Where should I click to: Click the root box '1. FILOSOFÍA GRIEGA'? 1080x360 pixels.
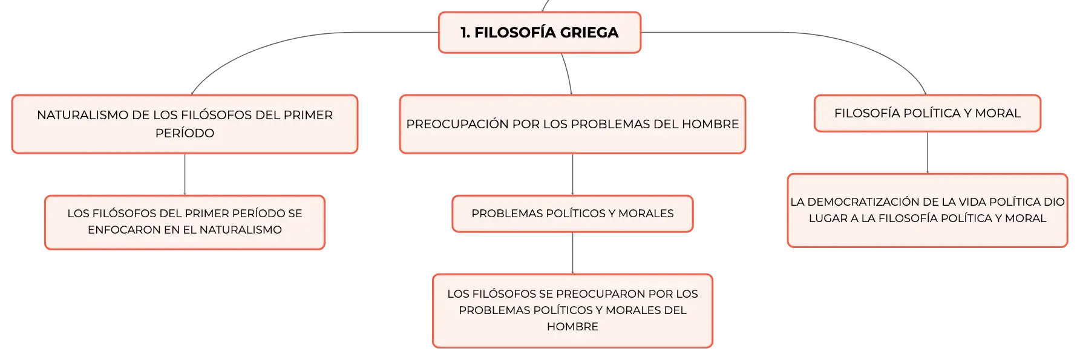(540, 33)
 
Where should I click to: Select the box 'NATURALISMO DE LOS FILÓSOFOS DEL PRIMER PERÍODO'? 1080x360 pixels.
(185, 124)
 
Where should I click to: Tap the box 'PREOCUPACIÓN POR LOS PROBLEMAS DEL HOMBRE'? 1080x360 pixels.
(572, 124)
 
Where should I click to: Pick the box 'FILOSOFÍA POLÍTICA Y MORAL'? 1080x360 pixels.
(928, 113)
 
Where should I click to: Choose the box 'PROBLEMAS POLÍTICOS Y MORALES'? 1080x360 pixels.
(572, 214)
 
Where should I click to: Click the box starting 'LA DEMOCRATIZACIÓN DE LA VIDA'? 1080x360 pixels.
(928, 211)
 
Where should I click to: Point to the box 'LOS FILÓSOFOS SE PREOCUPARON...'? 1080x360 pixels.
(572, 311)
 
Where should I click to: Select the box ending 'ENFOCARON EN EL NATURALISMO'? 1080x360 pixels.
(185, 222)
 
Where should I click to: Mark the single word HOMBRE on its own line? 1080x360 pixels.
(572, 327)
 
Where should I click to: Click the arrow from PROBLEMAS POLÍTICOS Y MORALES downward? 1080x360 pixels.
(572, 253)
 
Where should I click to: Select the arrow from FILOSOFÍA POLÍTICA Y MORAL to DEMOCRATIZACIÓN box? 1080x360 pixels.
(928, 152)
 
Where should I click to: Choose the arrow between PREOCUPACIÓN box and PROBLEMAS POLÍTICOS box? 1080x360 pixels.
(572, 174)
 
